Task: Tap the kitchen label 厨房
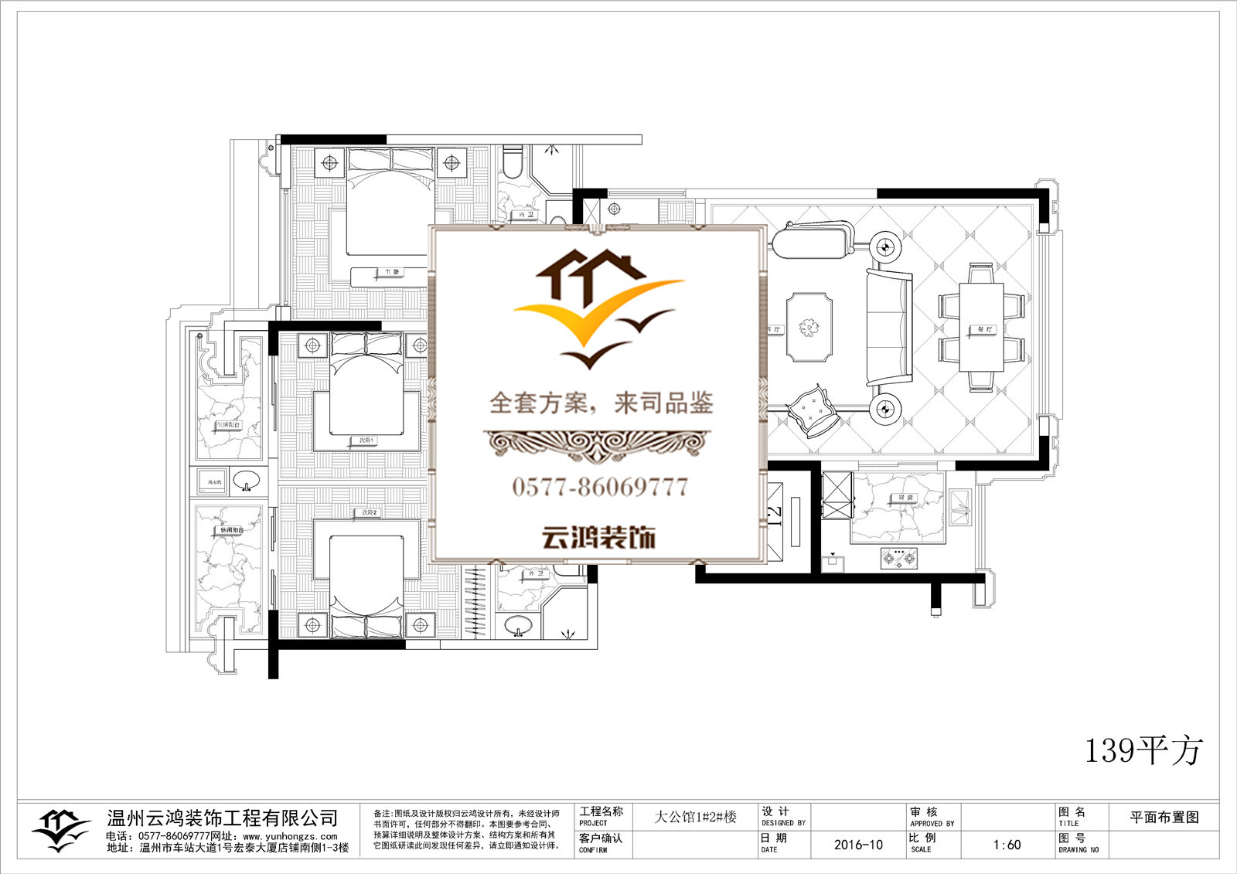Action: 905,497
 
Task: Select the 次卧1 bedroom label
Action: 366,440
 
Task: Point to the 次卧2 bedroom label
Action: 369,512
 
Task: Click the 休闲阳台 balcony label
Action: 231,530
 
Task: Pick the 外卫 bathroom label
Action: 536,573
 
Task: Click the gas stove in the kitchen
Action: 900,557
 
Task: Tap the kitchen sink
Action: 961,509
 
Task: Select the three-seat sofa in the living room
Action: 888,328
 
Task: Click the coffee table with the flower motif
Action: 809,327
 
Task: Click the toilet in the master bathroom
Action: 512,162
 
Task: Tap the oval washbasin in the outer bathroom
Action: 517,624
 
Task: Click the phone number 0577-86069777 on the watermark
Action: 599,487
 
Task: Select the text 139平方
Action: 1143,750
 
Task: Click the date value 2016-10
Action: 858,845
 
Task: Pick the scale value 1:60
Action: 1007,845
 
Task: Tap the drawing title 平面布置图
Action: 1164,818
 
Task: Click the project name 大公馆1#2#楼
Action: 695,817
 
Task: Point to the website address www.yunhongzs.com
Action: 290,836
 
